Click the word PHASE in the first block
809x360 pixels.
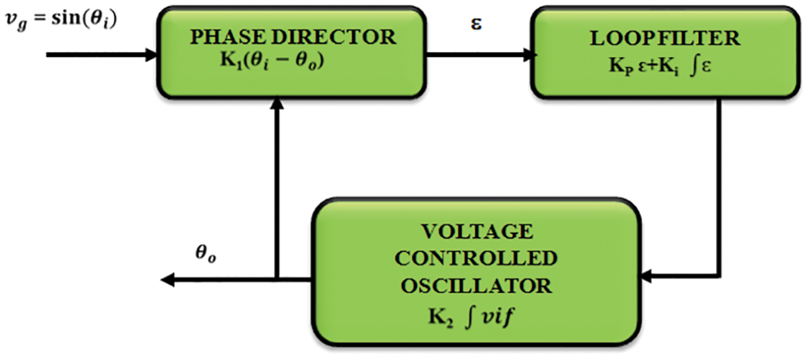point(228,37)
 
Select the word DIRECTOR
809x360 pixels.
point(334,37)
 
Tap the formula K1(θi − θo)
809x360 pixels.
point(272,60)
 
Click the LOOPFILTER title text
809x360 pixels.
point(665,38)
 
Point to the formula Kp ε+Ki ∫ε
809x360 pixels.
point(660,66)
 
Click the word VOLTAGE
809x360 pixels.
point(477,231)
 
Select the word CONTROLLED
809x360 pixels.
point(476,258)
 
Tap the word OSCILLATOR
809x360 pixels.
point(476,286)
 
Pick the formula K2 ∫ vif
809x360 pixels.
point(470,317)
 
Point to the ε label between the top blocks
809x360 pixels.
point(476,24)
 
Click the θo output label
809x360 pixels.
point(206,253)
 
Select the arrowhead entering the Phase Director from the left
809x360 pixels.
point(151,55)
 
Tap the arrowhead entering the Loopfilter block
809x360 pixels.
point(530,55)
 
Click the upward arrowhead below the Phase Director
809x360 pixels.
point(277,103)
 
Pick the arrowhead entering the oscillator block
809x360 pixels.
point(645,276)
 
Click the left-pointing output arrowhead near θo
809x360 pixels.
point(168,280)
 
